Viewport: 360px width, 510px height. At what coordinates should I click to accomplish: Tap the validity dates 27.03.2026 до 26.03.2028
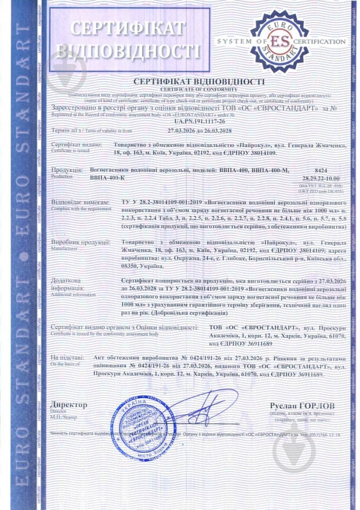(x=200, y=130)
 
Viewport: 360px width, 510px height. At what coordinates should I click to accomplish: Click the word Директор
(x=68, y=405)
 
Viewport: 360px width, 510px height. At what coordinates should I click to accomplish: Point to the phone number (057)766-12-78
(x=325, y=435)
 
